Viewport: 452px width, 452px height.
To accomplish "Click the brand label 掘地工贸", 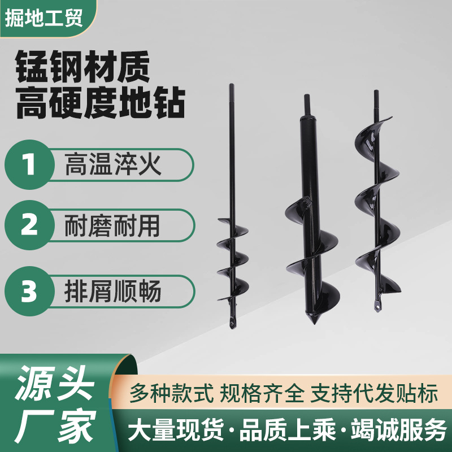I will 44,18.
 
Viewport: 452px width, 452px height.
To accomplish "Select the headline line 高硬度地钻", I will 101,106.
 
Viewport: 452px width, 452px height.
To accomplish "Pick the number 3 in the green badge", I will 28,292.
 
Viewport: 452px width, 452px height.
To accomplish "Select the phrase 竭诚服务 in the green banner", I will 402,431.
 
